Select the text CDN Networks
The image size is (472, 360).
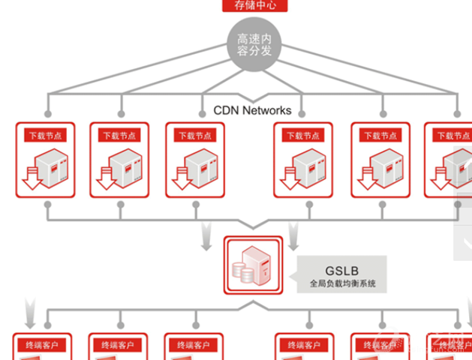(252, 110)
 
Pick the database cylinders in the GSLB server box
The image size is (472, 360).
(244, 271)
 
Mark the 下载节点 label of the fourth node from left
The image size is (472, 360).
(302, 136)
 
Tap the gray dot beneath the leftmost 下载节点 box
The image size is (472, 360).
(47, 204)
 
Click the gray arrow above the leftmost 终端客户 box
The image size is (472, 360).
(29, 307)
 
